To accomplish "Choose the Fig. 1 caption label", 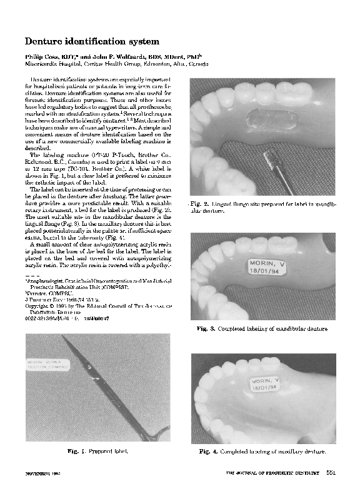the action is (x=77, y=450).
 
